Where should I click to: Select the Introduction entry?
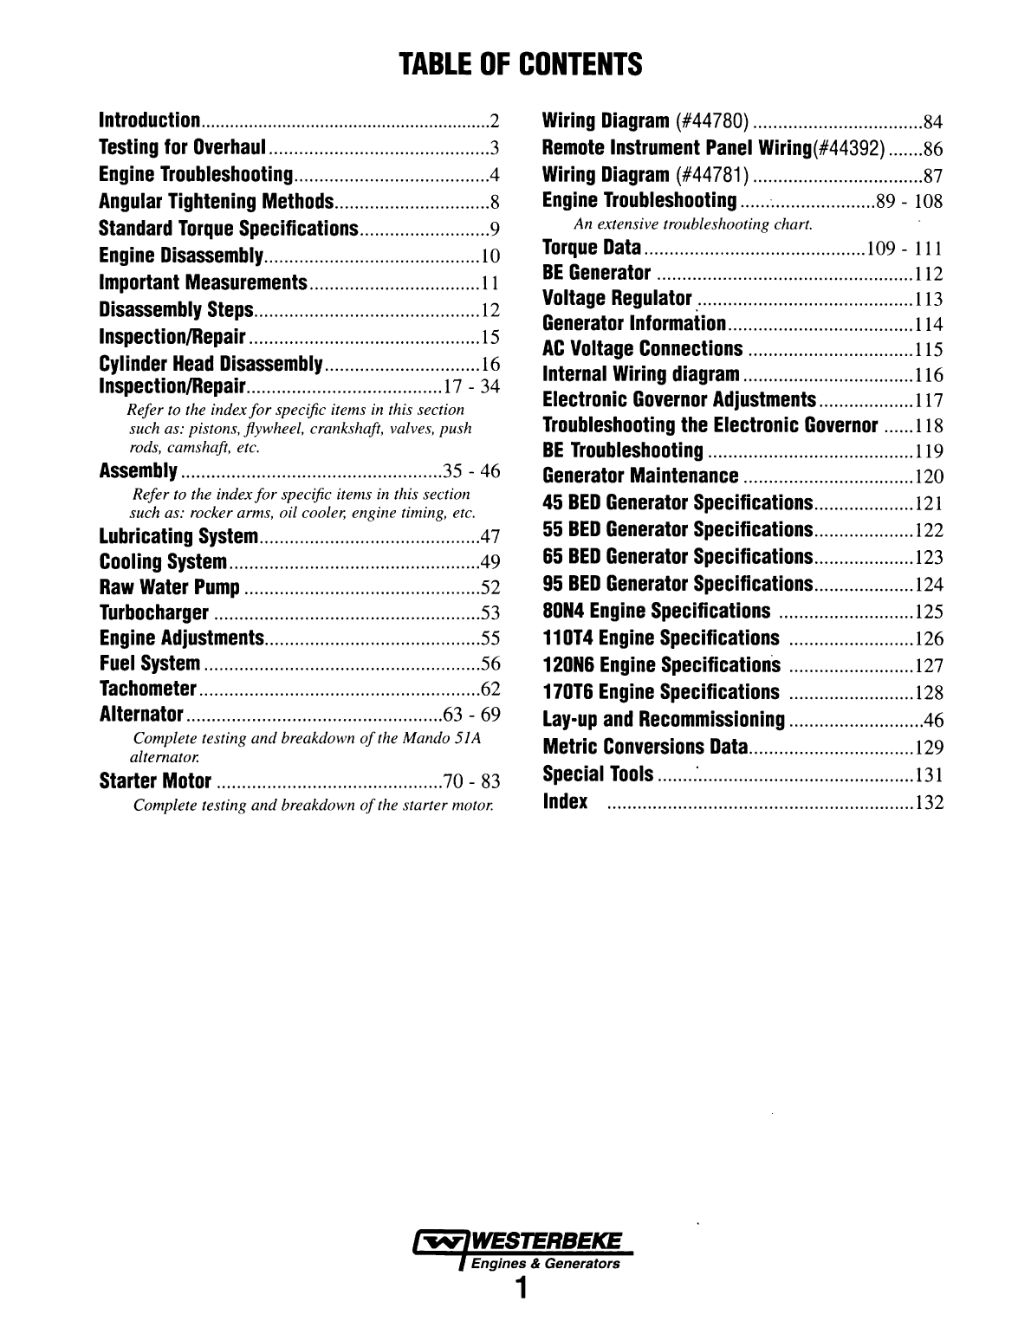(x=151, y=120)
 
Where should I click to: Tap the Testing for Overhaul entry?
(x=182, y=146)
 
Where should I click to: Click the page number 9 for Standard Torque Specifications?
(x=495, y=230)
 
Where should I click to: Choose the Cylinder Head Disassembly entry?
(x=211, y=364)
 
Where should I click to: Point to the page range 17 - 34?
(x=471, y=386)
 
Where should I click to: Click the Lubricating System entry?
(x=178, y=536)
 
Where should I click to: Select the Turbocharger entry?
(x=154, y=613)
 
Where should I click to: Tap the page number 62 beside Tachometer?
(x=490, y=690)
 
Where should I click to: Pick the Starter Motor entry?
(x=156, y=781)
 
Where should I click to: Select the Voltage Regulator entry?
(x=616, y=299)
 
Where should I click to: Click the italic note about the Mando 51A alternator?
(x=304, y=747)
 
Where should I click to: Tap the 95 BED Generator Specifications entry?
(x=677, y=584)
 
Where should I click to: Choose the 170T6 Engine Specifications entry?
(x=660, y=692)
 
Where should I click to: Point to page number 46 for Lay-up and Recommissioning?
(x=933, y=721)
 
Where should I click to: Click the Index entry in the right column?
(x=565, y=801)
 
